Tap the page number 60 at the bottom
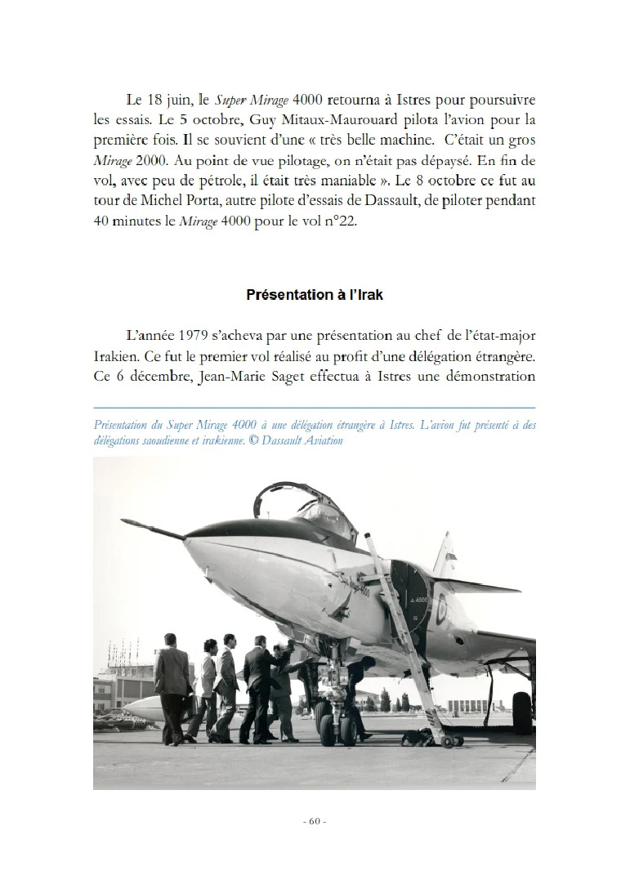click(x=315, y=821)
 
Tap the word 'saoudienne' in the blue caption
click(x=160, y=440)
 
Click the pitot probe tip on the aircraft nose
click(x=124, y=520)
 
